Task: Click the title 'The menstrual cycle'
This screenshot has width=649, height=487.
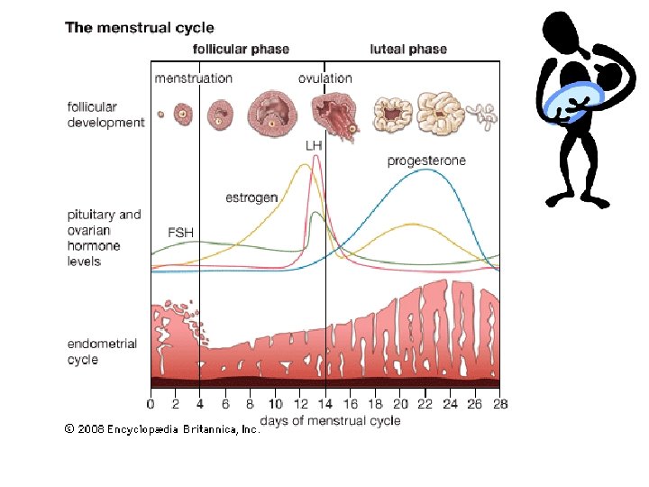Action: click(x=140, y=27)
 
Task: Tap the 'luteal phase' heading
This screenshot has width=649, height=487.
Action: click(x=408, y=49)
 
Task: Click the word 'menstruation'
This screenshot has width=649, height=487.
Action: click(x=193, y=78)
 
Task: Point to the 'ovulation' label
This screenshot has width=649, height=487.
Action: click(x=325, y=78)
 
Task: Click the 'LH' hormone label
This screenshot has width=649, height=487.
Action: click(x=314, y=144)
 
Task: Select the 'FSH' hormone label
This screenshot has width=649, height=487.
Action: click(x=181, y=232)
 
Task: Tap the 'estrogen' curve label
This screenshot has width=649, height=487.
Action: click(x=251, y=197)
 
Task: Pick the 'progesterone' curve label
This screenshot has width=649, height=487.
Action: click(x=426, y=161)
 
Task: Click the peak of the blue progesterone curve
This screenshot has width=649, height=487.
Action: click(x=425, y=170)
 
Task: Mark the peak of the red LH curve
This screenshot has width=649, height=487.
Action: click(x=315, y=156)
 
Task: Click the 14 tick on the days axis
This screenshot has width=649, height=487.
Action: click(x=325, y=405)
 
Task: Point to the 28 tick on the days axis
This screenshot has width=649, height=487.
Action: click(x=500, y=405)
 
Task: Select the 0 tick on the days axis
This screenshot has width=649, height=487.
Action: click(x=151, y=405)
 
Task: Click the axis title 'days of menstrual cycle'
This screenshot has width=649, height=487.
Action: click(x=330, y=421)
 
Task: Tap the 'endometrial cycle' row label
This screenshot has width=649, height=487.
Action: click(x=102, y=352)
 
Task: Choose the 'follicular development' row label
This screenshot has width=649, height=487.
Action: click(x=105, y=115)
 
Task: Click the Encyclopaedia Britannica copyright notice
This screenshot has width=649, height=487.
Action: click(x=162, y=430)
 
